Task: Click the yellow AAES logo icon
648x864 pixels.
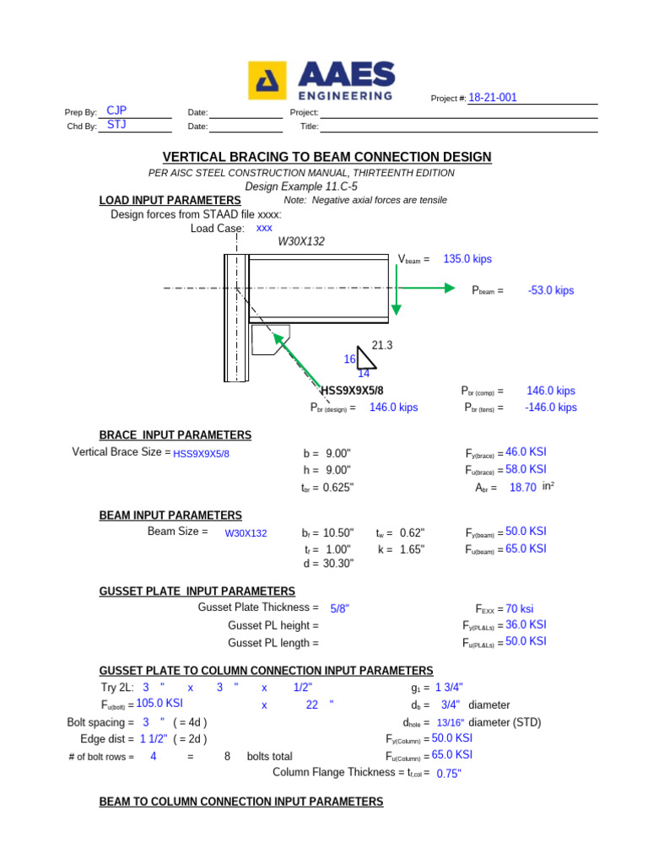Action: click(x=267, y=81)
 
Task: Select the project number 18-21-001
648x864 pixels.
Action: click(x=493, y=98)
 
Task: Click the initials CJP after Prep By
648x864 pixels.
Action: click(x=116, y=111)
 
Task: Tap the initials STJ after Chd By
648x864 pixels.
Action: click(x=116, y=125)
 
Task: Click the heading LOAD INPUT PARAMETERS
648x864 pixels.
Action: click(x=170, y=200)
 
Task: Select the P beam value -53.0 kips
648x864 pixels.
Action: click(x=550, y=290)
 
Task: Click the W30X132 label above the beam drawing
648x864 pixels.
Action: click(x=301, y=241)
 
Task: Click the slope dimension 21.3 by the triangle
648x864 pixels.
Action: click(x=382, y=345)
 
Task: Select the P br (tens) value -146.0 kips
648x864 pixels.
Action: click(x=552, y=407)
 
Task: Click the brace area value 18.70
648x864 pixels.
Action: click(x=523, y=488)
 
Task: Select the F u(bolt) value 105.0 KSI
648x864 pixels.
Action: click(x=159, y=702)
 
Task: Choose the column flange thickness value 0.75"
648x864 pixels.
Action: click(x=449, y=773)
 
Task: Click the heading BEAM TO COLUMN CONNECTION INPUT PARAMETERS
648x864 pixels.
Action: click(x=240, y=801)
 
